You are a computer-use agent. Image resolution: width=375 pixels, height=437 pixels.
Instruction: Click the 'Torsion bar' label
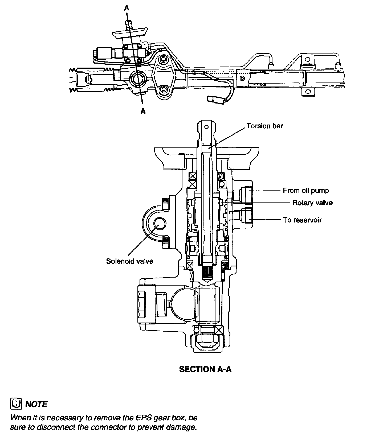(x=264, y=126)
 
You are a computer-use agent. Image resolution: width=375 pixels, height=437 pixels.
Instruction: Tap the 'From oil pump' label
(x=306, y=191)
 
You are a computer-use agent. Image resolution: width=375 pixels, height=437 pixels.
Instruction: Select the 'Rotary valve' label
(x=312, y=203)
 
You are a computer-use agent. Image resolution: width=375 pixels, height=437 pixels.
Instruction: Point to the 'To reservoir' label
(x=302, y=220)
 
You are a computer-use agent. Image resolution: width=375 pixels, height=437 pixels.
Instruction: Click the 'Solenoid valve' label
(x=130, y=261)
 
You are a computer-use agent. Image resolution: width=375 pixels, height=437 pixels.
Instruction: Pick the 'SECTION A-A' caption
(x=205, y=369)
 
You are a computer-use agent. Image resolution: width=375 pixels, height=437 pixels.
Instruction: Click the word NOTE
(x=36, y=404)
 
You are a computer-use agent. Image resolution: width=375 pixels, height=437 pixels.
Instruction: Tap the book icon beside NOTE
(x=16, y=404)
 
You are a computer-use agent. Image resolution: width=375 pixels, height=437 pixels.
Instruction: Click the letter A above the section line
(x=127, y=8)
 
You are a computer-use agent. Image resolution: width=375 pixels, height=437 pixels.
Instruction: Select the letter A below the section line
(x=143, y=111)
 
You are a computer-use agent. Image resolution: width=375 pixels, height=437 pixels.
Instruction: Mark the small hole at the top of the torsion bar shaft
(x=206, y=127)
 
